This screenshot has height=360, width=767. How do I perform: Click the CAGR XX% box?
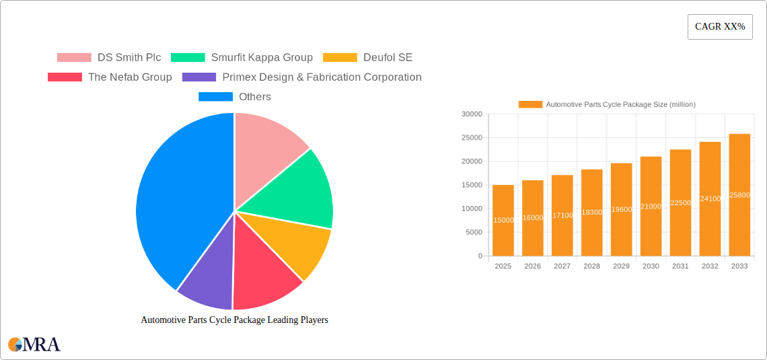tap(719, 27)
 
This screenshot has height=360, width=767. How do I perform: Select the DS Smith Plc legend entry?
tap(109, 57)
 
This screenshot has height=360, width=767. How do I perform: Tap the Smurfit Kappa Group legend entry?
tap(242, 57)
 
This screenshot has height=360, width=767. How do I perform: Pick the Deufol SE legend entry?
tap(368, 57)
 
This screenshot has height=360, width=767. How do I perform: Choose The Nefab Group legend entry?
tap(110, 77)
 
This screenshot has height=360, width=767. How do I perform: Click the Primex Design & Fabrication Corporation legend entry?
tap(302, 77)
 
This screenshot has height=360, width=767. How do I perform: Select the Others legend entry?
tap(235, 96)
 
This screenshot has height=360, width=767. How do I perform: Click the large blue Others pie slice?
tap(175, 202)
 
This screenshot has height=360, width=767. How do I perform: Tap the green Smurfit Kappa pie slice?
tap(296, 192)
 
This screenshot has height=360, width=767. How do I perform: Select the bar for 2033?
tap(739, 195)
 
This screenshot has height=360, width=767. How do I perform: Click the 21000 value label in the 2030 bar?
tap(651, 207)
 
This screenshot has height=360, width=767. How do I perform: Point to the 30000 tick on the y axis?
tap(472, 114)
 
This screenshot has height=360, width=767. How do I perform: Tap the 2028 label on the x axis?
tap(591, 266)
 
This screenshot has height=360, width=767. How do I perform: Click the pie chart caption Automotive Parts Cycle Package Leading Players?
tap(234, 320)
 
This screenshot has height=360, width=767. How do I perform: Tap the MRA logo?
tap(34, 345)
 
